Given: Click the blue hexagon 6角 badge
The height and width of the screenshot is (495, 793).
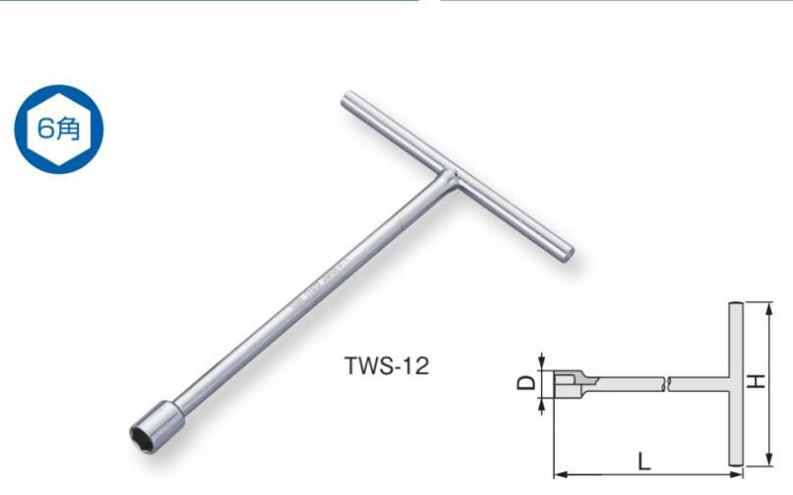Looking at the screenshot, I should point(58,129).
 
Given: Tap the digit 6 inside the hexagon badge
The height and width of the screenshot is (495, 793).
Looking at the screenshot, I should point(45,129).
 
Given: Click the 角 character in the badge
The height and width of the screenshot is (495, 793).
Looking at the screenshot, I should point(68,129).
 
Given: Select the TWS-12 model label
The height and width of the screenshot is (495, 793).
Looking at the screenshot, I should point(387,366).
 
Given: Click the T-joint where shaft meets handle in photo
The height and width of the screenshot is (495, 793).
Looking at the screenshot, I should point(448,179).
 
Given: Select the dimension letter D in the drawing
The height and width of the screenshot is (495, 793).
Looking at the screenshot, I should point(526,382).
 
